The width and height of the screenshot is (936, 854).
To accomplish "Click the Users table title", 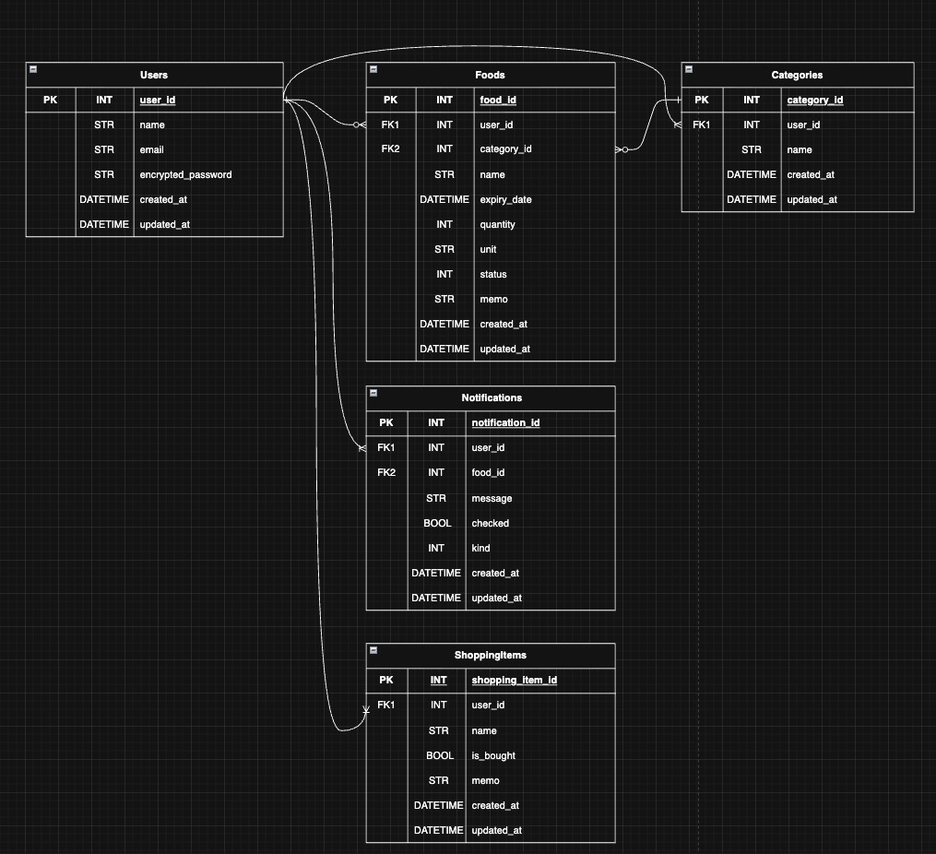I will pos(154,75).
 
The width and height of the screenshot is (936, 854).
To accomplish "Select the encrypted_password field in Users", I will pos(185,174).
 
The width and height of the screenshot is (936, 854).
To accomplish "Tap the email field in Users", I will pos(151,149).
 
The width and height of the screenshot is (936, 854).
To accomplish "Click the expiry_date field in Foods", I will pos(505,199).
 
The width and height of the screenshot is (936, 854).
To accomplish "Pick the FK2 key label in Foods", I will pos(390,149).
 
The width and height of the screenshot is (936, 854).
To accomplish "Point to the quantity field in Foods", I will pos(497,224).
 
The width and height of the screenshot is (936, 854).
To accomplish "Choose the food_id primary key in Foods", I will pos(498,100).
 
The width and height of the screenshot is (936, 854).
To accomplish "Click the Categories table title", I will pos(797,75).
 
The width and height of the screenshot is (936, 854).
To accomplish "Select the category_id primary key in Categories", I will pos(814,100).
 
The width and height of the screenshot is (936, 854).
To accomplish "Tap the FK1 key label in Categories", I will pos(702,125).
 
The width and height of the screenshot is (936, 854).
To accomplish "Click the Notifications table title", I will pos(492,397).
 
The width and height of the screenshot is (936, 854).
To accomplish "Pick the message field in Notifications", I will pos(492,498).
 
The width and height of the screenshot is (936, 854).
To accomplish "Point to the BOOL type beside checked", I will pos(437,523).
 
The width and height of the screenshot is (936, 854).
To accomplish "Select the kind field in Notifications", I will pos(480,548).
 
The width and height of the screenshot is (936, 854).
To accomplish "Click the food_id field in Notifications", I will pos(488,472).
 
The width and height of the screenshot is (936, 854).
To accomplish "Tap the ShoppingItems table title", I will pos(491,655).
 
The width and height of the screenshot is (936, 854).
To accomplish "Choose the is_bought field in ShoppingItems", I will pos(493,755).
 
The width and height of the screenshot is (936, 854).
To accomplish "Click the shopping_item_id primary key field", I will pos(514,680).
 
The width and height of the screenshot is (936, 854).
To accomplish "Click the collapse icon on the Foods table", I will pos(373,69).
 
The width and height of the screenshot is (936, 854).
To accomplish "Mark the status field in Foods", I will pos(493,274).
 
